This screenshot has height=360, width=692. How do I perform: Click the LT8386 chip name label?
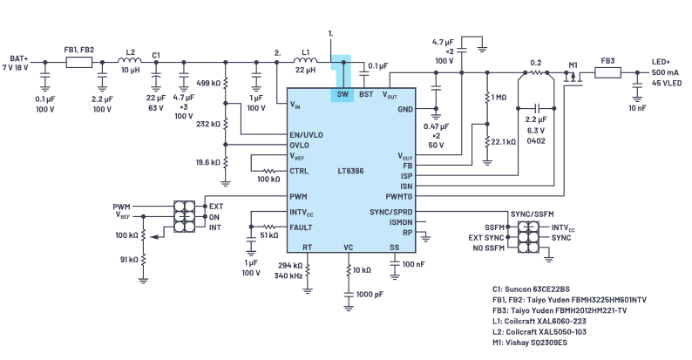pyautogui.click(x=350, y=171)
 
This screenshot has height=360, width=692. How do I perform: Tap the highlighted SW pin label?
pyautogui.click(x=343, y=94)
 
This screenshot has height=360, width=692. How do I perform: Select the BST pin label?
pyautogui.click(x=366, y=94)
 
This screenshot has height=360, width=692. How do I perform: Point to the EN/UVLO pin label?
pyautogui.click(x=306, y=134)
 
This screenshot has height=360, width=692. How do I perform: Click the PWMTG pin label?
pyautogui.click(x=399, y=196)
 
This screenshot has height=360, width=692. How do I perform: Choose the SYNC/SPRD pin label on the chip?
pyautogui.click(x=391, y=212)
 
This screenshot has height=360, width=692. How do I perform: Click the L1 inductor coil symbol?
pyautogui.click(x=305, y=61)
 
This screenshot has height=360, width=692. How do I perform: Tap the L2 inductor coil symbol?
pyautogui.click(x=130, y=60)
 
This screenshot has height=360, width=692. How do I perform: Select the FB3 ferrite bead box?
pyautogui.click(x=607, y=72)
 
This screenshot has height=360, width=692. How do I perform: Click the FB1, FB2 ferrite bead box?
pyautogui.click(x=79, y=62)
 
